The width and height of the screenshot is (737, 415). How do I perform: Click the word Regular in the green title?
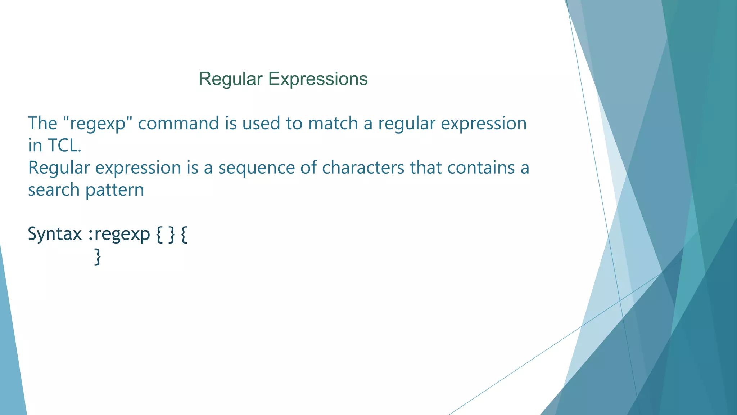230,79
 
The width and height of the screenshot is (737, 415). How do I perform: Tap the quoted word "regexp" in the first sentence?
98,124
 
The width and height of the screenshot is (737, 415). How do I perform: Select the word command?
178,123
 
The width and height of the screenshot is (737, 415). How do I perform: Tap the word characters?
363,168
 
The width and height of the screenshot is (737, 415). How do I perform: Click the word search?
54,190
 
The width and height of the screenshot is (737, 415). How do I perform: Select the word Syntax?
55,235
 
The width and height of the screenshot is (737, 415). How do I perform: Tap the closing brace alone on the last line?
97,257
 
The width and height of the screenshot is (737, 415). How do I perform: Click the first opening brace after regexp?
159,235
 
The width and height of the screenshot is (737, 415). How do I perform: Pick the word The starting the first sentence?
42,123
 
